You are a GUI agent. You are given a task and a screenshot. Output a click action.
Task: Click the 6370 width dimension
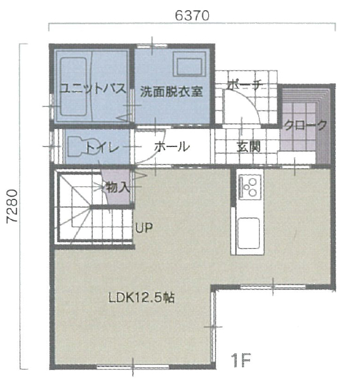[x=192, y=15]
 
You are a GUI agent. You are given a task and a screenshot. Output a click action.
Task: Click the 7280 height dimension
[x=12, y=206]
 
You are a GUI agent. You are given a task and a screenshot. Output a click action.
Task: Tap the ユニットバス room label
[x=93, y=88]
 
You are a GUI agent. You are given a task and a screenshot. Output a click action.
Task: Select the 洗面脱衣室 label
[x=172, y=91]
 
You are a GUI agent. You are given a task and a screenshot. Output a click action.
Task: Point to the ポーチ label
[x=244, y=85]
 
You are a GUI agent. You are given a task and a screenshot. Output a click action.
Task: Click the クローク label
[x=305, y=125]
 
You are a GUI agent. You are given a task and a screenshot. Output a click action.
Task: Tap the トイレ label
[x=102, y=148]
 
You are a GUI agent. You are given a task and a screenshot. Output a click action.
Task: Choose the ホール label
[x=172, y=147]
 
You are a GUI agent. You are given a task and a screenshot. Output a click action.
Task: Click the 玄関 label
[x=249, y=147]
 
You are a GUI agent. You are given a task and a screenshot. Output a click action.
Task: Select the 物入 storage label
[x=118, y=188]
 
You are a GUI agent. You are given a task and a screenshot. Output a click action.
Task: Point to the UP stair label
[x=144, y=228]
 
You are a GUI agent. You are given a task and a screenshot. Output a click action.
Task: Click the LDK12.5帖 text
[x=142, y=297]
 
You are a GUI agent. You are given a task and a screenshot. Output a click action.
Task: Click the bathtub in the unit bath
[x=74, y=87]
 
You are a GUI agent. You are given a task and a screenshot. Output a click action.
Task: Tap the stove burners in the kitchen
[x=250, y=187]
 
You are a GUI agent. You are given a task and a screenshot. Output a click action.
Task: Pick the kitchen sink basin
[x=249, y=233]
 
